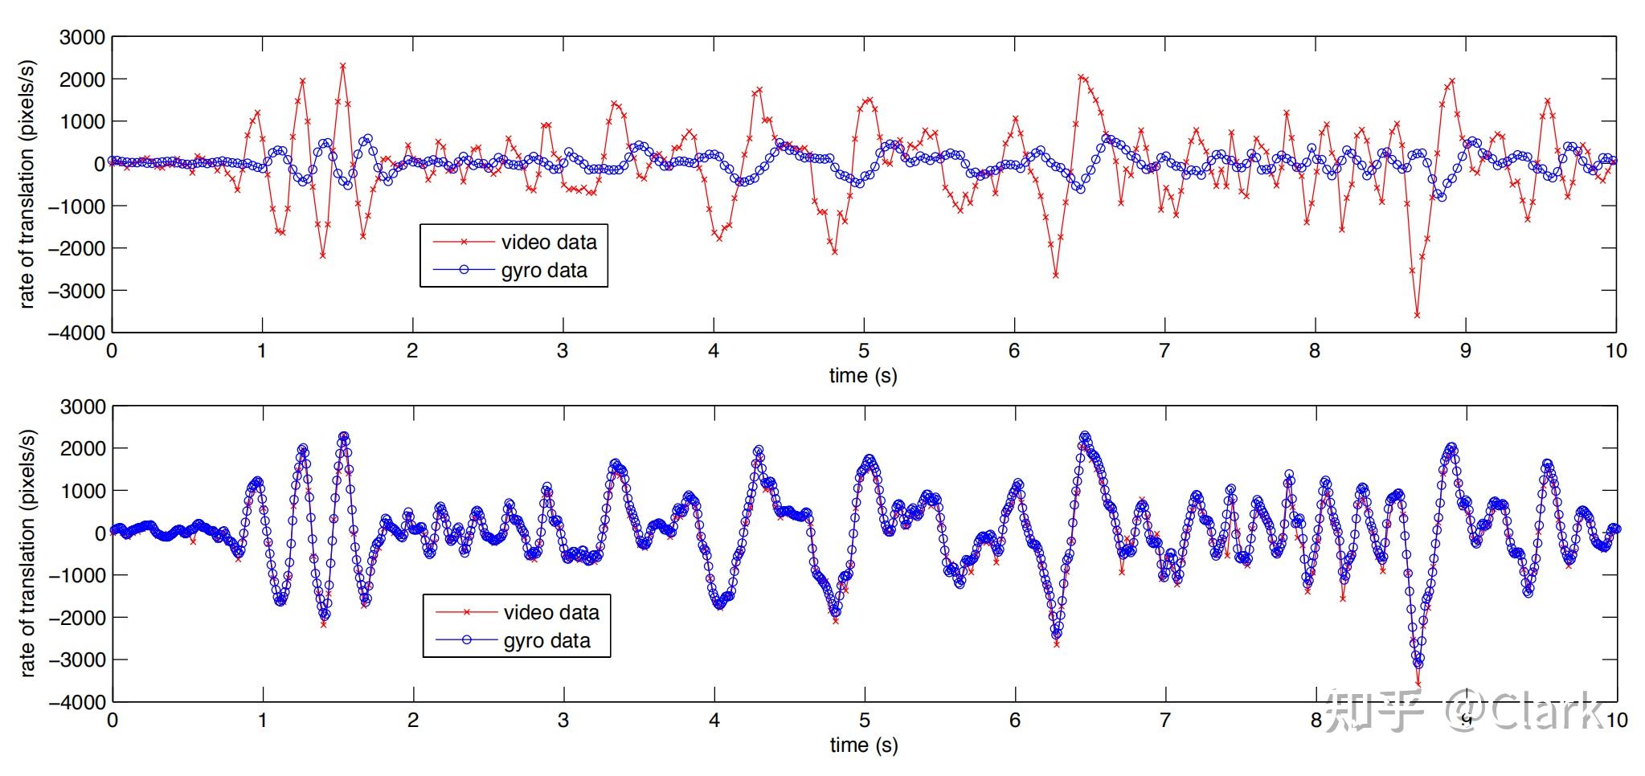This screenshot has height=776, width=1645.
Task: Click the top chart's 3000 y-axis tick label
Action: [x=83, y=38]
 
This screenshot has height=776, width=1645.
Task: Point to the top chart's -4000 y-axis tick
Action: [x=77, y=332]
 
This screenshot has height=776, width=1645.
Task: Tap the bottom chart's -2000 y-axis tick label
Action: [x=77, y=617]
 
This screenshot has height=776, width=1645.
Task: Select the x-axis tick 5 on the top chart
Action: [x=864, y=351]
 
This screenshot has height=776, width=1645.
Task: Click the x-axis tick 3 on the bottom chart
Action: [x=563, y=721]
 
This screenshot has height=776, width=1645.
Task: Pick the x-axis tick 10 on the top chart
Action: [x=1616, y=351]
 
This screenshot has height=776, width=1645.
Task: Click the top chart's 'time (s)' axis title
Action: [x=863, y=376]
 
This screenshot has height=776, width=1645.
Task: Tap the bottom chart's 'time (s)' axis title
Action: [x=864, y=745]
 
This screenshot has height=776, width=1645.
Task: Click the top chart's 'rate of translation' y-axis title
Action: [x=28, y=184]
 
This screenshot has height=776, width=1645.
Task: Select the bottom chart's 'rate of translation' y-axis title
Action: [x=28, y=553]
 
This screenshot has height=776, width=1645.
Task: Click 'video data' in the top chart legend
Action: [x=549, y=243]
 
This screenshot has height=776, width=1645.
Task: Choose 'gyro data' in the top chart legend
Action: [x=544, y=271]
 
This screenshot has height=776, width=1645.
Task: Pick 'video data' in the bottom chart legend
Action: [x=551, y=613]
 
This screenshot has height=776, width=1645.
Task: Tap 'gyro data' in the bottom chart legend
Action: [x=546, y=641]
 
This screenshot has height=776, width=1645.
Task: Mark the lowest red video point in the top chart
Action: [x=1417, y=315]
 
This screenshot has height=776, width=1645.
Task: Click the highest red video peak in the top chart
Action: [x=342, y=66]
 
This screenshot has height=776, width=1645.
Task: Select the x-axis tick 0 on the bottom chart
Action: [x=113, y=721]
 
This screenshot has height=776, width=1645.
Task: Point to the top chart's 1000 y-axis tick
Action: [x=83, y=121]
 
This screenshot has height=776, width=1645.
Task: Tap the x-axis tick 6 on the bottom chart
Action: [x=1015, y=721]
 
